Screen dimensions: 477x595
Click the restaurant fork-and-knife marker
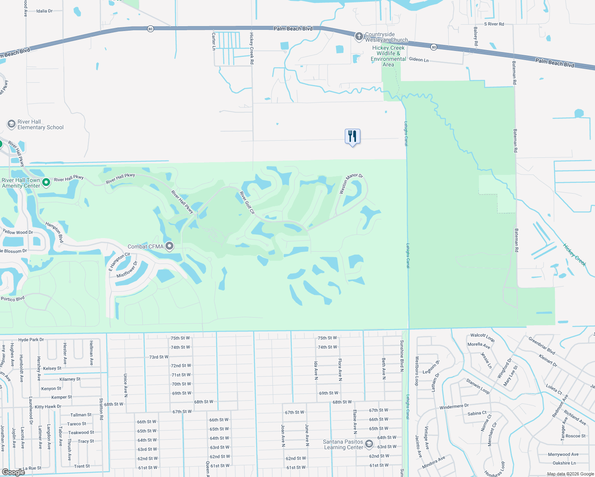pos(352,136)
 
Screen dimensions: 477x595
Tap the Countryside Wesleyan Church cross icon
pos(359,37)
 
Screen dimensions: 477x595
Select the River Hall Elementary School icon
pos(12,124)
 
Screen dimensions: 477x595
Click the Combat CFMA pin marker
pos(169,246)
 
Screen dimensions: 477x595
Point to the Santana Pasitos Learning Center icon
pos(369,444)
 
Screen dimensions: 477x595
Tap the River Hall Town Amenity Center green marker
pos(46,182)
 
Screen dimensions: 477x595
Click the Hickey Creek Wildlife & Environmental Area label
pos(388,56)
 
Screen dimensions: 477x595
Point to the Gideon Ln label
pos(419,60)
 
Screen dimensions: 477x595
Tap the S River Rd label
pos(494,24)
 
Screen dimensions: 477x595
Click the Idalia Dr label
pos(44,11)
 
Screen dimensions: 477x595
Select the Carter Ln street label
pos(214,41)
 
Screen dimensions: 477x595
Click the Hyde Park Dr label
pos(31,340)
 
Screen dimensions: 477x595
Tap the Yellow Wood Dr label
pos(18,232)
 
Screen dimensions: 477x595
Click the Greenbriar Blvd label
pos(542,345)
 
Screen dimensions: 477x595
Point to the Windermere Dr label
pos(454,407)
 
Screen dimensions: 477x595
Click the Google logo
pos(13,472)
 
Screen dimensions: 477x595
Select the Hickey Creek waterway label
pos(574,255)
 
